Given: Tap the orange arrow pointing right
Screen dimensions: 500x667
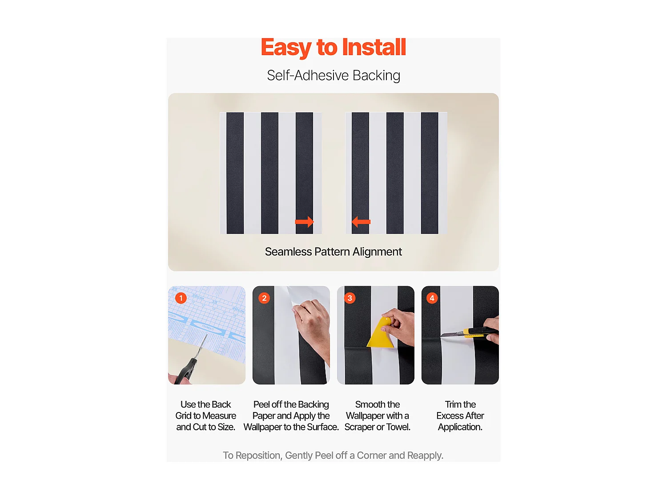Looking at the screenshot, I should pyautogui.click(x=305, y=221).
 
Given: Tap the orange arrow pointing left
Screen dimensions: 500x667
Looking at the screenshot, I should pyautogui.click(x=361, y=221).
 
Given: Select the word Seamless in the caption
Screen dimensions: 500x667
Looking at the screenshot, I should pyautogui.click(x=288, y=252).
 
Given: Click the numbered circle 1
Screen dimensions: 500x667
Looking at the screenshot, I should pyautogui.click(x=181, y=298).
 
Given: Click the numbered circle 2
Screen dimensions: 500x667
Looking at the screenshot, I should pyautogui.click(x=264, y=298).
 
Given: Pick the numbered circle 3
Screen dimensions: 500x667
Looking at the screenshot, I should pyautogui.click(x=350, y=298).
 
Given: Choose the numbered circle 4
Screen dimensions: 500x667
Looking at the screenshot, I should pyautogui.click(x=432, y=298).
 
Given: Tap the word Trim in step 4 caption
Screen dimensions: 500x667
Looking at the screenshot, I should pyautogui.click(x=453, y=405).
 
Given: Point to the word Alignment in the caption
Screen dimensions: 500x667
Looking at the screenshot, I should pyautogui.click(x=377, y=252).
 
